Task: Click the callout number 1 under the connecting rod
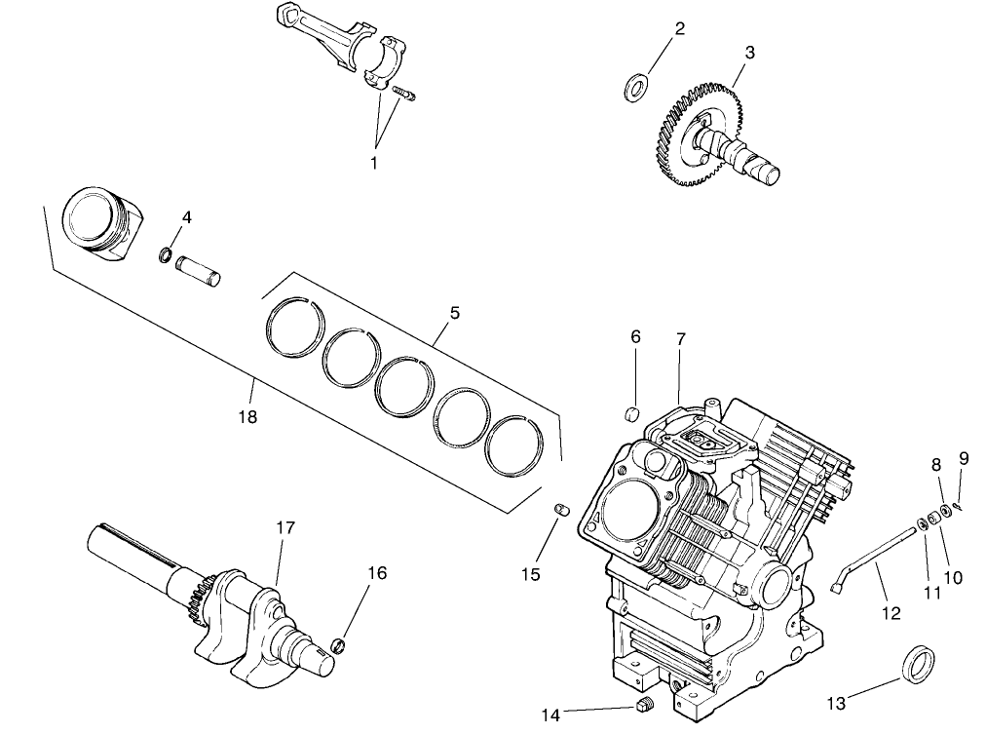373,163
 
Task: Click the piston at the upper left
100,223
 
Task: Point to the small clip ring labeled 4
167,256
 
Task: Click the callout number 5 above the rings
454,313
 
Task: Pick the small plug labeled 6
630,414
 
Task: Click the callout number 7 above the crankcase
681,338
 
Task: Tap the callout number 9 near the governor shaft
964,457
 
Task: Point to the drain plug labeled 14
642,707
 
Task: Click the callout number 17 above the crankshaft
284,527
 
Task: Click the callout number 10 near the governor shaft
952,577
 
